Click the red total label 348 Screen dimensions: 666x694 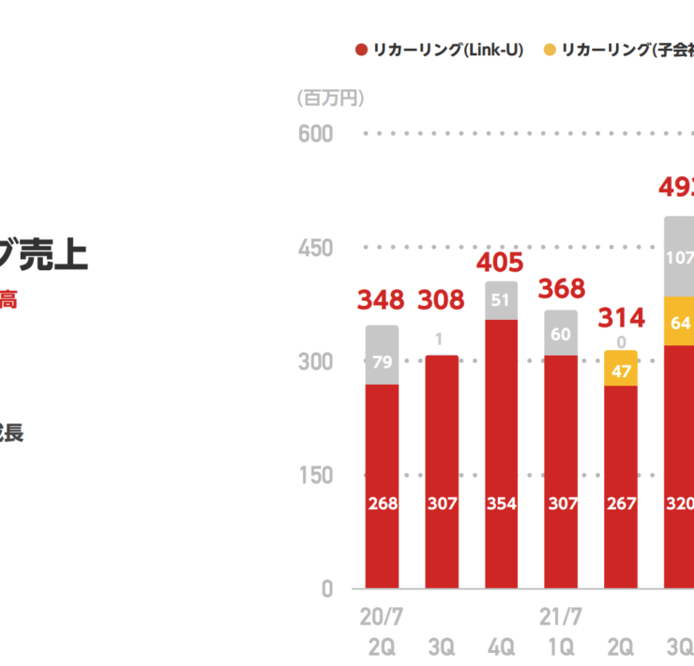381,300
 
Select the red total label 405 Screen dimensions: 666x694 500,262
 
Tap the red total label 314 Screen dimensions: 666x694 620,318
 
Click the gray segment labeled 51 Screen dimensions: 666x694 501,300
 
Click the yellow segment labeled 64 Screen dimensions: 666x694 680,322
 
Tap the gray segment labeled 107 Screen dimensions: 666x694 680,256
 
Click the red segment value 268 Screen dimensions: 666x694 382,504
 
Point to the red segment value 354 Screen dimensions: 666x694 501,504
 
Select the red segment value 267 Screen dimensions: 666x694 621,504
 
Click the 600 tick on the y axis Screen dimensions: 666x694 315,134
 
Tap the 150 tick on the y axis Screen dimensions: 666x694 315,476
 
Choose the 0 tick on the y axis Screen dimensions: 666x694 326,589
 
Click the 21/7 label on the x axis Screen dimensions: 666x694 561,617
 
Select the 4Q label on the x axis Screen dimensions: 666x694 501,646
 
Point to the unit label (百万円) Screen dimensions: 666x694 330,98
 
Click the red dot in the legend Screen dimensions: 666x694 361,50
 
